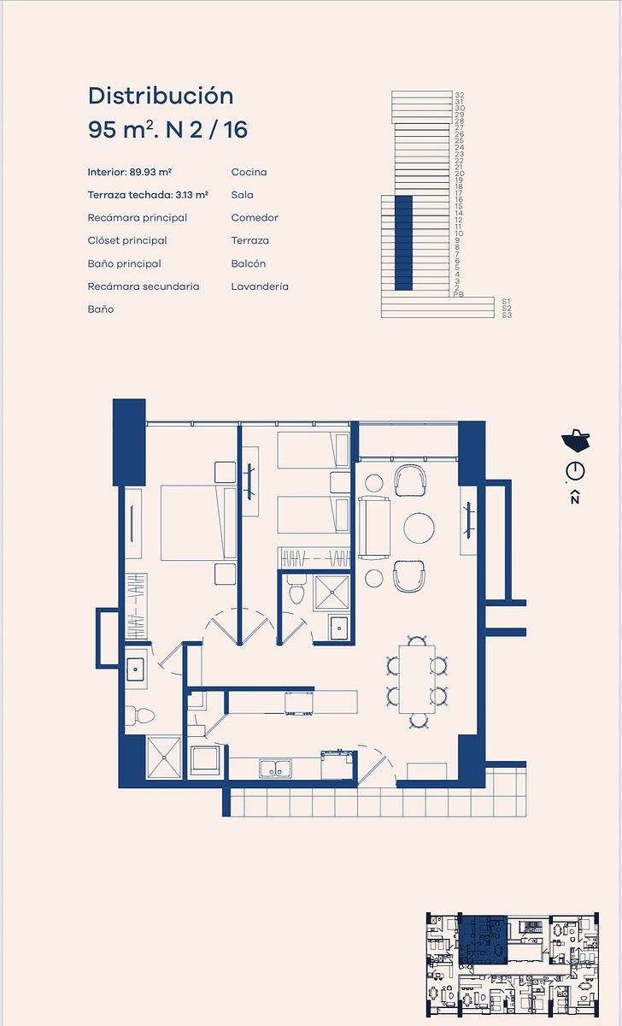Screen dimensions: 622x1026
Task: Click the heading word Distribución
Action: (x=161, y=96)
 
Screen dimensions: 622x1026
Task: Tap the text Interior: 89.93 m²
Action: (x=130, y=172)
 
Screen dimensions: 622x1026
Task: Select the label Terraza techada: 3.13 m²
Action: (x=148, y=195)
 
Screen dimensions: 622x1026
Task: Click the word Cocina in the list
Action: (x=249, y=172)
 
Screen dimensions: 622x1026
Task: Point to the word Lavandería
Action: (x=260, y=286)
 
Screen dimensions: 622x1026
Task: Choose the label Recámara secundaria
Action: (x=144, y=286)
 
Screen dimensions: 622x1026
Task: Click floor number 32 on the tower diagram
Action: (x=459, y=95)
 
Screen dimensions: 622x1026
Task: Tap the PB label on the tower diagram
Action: (x=458, y=294)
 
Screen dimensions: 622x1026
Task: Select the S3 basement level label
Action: (x=507, y=315)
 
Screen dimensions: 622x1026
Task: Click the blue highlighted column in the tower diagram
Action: (x=403, y=243)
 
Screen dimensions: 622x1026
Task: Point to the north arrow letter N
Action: (x=575, y=498)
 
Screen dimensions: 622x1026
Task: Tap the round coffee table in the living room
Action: (x=419, y=528)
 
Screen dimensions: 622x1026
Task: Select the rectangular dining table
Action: (x=417, y=680)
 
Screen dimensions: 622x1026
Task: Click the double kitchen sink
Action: (x=275, y=769)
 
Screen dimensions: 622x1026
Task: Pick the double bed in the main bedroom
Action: (x=198, y=522)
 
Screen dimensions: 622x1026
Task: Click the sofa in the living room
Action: (x=374, y=528)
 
